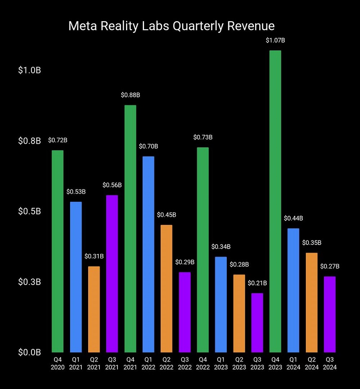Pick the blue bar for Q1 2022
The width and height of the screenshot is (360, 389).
(148, 254)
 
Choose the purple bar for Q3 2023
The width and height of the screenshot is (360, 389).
(257, 322)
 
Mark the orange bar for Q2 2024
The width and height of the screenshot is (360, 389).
(311, 302)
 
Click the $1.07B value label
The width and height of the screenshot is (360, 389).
(275, 41)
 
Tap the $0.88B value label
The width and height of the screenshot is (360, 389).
(130, 95)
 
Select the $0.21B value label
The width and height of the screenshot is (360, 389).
(257, 283)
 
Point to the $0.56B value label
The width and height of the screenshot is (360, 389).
(112, 185)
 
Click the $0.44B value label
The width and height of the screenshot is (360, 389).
(293, 218)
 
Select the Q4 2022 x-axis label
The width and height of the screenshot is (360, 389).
(202, 363)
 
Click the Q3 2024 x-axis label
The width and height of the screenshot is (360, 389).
(329, 363)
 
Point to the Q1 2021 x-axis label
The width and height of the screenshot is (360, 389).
(76, 363)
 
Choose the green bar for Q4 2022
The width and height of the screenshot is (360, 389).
(202, 249)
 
